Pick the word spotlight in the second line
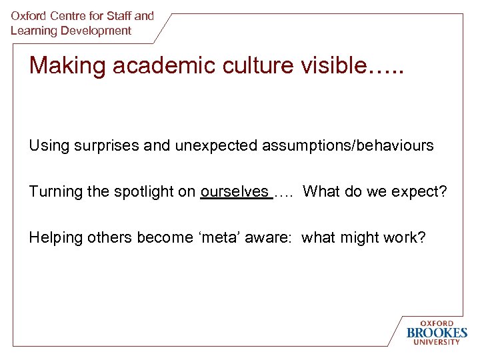[x=135, y=192]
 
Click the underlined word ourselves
[x=234, y=192]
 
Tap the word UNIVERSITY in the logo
[x=437, y=342]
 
